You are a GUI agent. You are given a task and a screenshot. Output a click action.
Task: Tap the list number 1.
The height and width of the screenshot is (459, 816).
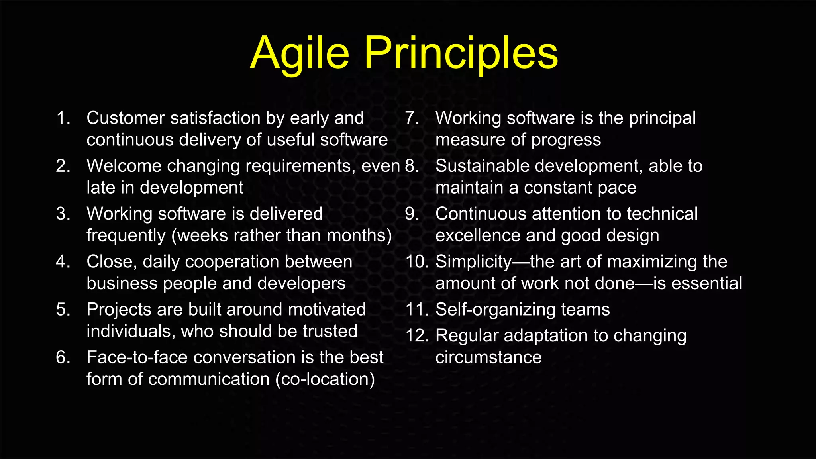(63, 118)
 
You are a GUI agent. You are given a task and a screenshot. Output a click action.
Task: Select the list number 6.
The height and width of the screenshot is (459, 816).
(63, 357)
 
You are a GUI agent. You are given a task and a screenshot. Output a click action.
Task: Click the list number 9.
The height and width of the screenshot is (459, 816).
(412, 214)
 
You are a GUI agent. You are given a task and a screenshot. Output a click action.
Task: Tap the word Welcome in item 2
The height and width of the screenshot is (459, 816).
(124, 166)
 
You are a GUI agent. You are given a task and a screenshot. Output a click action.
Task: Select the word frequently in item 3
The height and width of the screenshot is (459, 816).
(126, 236)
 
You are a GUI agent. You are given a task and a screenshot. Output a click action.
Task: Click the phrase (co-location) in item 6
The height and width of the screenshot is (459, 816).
(325, 379)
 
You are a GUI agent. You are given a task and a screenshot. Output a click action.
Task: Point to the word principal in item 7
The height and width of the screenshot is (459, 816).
(662, 118)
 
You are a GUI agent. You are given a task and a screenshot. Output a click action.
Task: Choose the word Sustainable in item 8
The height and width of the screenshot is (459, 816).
(483, 166)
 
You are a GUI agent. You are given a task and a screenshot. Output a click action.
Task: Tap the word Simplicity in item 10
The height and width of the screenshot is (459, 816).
(473, 262)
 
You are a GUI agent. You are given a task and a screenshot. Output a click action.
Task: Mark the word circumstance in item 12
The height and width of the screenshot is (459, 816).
(488, 357)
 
